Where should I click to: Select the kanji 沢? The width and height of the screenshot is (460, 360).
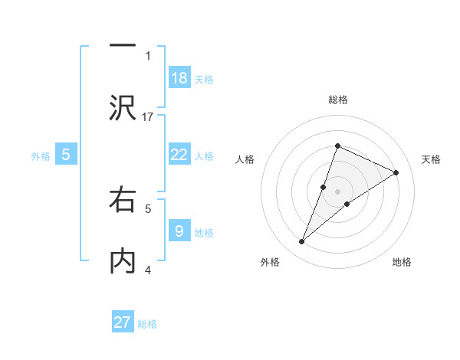pos(123,107)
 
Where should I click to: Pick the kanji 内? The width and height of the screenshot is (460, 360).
pos(123,260)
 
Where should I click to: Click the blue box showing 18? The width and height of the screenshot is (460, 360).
pos(179,77)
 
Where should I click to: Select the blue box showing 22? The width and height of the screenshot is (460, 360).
pos(179,155)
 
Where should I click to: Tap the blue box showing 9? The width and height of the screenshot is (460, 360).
pos(179,231)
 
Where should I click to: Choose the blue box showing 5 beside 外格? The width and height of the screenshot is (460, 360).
pos(66,155)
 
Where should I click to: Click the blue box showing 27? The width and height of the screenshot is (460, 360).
pos(123,322)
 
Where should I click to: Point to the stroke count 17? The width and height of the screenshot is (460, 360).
pos(149,116)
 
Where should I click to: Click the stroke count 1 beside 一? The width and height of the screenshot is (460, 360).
pos(148,55)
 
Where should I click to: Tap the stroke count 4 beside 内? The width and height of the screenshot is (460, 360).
pos(148,269)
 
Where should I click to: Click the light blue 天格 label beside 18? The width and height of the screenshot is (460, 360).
pos(204,79)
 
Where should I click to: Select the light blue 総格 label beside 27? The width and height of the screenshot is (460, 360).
pos(147,324)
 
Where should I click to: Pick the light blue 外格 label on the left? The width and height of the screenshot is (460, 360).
pos(41,155)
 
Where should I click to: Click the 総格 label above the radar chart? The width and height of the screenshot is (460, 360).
pos(338,100)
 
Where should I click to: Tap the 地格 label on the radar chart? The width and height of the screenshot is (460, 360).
pos(402,262)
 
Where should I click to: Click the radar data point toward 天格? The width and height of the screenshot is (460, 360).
pos(396,173)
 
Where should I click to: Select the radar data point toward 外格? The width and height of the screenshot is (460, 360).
pos(302,242)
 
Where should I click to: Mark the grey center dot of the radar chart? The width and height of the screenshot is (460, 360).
pos(338,191)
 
